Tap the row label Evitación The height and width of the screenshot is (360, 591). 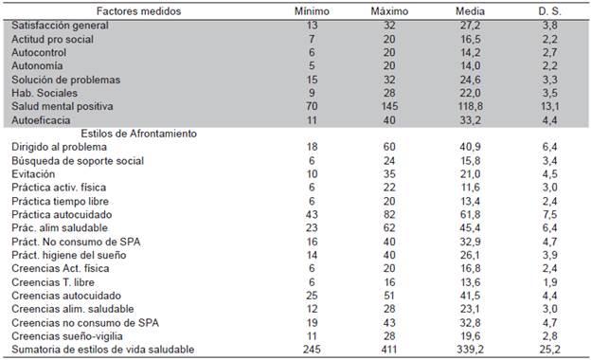(x=33, y=174)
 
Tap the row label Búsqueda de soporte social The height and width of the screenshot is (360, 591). (x=77, y=161)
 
